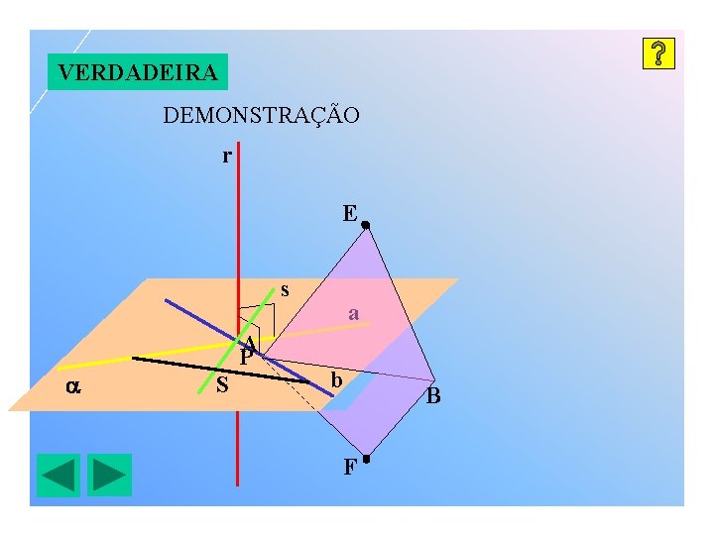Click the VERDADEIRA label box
coord(137,72)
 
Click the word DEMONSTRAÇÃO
coord(261,116)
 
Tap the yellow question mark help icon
coord(658,54)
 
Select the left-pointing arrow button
coord(59,475)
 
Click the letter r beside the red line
coord(227,156)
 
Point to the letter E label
coord(349,213)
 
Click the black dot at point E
coord(365,226)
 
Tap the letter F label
coord(349,468)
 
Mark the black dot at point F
coord(366,459)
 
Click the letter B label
coord(433,398)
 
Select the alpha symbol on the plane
coord(72,387)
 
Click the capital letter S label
coord(222,384)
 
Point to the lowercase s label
coord(286,289)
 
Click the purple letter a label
coord(353,314)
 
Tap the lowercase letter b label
coord(337,380)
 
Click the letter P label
coord(245,356)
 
